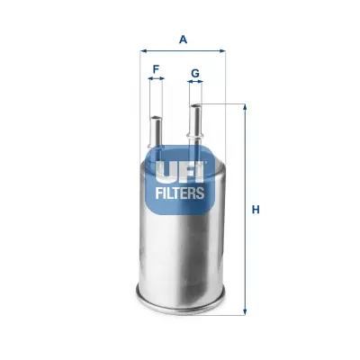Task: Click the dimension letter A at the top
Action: [184, 39]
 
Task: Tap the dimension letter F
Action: [157, 68]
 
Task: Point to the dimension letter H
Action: [256, 210]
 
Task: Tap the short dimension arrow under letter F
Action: [157, 79]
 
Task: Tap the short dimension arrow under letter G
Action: [195, 83]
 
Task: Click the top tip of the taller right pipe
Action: [195, 106]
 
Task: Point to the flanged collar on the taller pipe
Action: [195, 137]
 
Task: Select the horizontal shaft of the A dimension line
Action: [184, 52]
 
